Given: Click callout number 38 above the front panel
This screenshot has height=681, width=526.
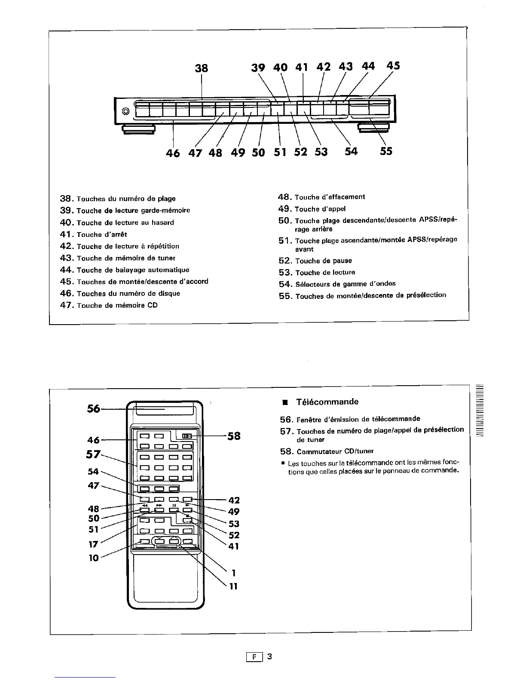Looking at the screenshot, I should click(202, 68).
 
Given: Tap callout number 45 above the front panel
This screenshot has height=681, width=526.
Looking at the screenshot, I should click(393, 65).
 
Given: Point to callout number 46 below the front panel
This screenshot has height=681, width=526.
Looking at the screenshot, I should click(172, 152).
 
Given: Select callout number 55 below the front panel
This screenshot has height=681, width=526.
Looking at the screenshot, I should click(386, 151).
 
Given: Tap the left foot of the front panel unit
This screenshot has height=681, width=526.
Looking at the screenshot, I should click(139, 129).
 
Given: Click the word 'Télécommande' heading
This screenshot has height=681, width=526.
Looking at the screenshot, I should click(327, 402).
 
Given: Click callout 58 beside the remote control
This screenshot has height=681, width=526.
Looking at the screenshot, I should click(234, 436).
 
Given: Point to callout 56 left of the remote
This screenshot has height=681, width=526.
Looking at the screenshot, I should click(93, 408).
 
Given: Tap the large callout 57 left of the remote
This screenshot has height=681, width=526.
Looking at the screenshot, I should click(93, 454).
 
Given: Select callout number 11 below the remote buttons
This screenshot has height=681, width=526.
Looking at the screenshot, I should click(233, 586).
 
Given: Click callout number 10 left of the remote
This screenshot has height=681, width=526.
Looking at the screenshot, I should click(93, 558).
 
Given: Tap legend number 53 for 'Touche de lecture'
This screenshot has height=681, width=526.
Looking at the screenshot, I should click(285, 273).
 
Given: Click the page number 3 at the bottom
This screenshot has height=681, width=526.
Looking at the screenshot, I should click(269, 656).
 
